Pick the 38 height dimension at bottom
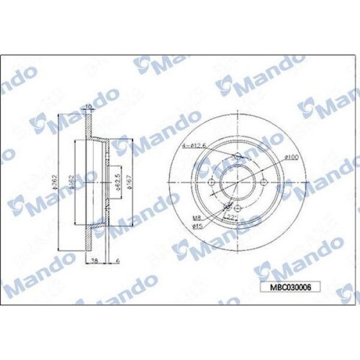(x=95, y=261)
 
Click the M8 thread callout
(x=196, y=218)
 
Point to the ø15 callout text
(x=197, y=226)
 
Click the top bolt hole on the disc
(x=238, y=157)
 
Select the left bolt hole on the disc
(x=212, y=183)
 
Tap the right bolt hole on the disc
(x=265, y=183)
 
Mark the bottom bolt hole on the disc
(x=238, y=209)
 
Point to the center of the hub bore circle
(x=238, y=183)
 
